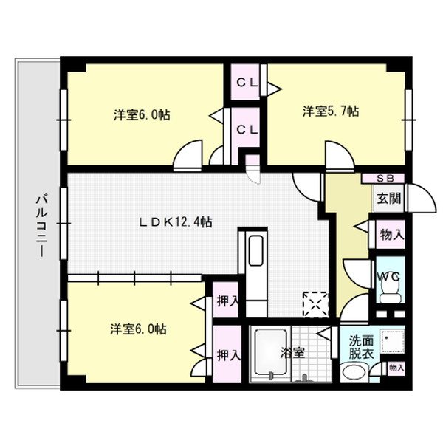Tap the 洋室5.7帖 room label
[330, 112]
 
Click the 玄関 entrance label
[388, 198]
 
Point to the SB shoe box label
[385, 178]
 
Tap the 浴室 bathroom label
[294, 353]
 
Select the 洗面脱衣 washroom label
[362, 348]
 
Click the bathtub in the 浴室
[271, 353]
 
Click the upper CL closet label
[246, 83]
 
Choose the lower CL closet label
[246, 128]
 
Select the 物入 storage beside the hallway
[391, 235]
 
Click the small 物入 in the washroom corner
[396, 368]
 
